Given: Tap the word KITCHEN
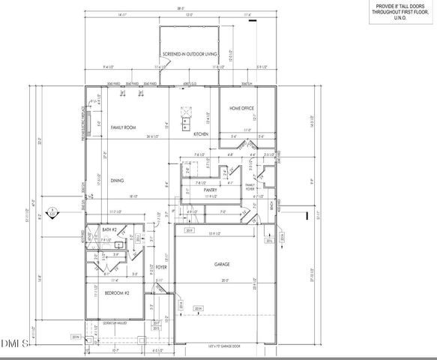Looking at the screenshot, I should click(201, 133).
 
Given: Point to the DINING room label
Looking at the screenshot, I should click(117, 180).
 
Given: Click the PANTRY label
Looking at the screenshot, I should click(211, 190).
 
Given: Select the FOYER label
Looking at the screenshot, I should click(161, 266).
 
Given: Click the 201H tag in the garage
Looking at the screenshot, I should click(198, 308).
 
